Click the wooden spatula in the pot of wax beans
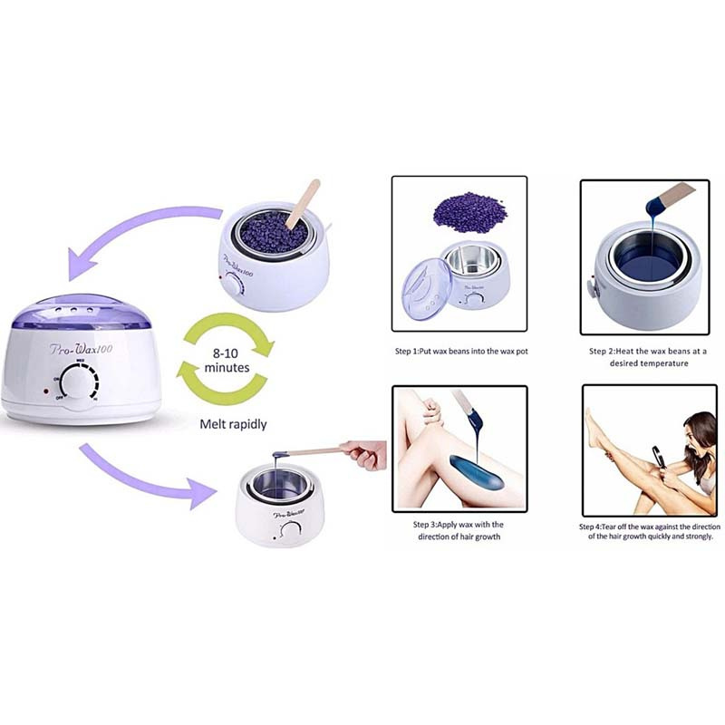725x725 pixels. (301, 205)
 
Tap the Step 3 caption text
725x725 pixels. (458, 530)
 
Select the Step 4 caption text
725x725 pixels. (647, 530)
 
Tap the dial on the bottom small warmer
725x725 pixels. (291, 530)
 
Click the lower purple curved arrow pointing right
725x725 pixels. (145, 476)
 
